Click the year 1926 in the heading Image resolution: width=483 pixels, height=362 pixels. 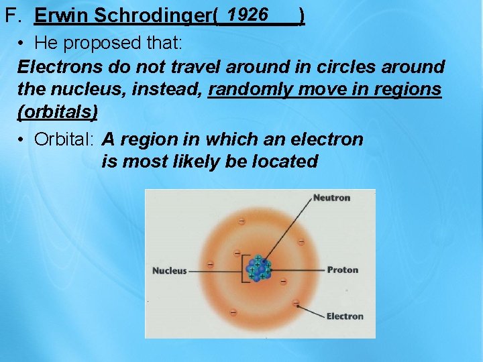[248, 14]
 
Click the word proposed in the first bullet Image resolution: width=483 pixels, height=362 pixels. [95, 44]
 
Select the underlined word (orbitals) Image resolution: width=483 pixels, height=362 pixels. [58, 111]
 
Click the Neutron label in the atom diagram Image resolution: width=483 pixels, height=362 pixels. [331, 198]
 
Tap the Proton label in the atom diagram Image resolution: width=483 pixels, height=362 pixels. [342, 270]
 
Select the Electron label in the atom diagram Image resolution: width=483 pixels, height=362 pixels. [344, 316]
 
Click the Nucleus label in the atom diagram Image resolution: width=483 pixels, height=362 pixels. [169, 271]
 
